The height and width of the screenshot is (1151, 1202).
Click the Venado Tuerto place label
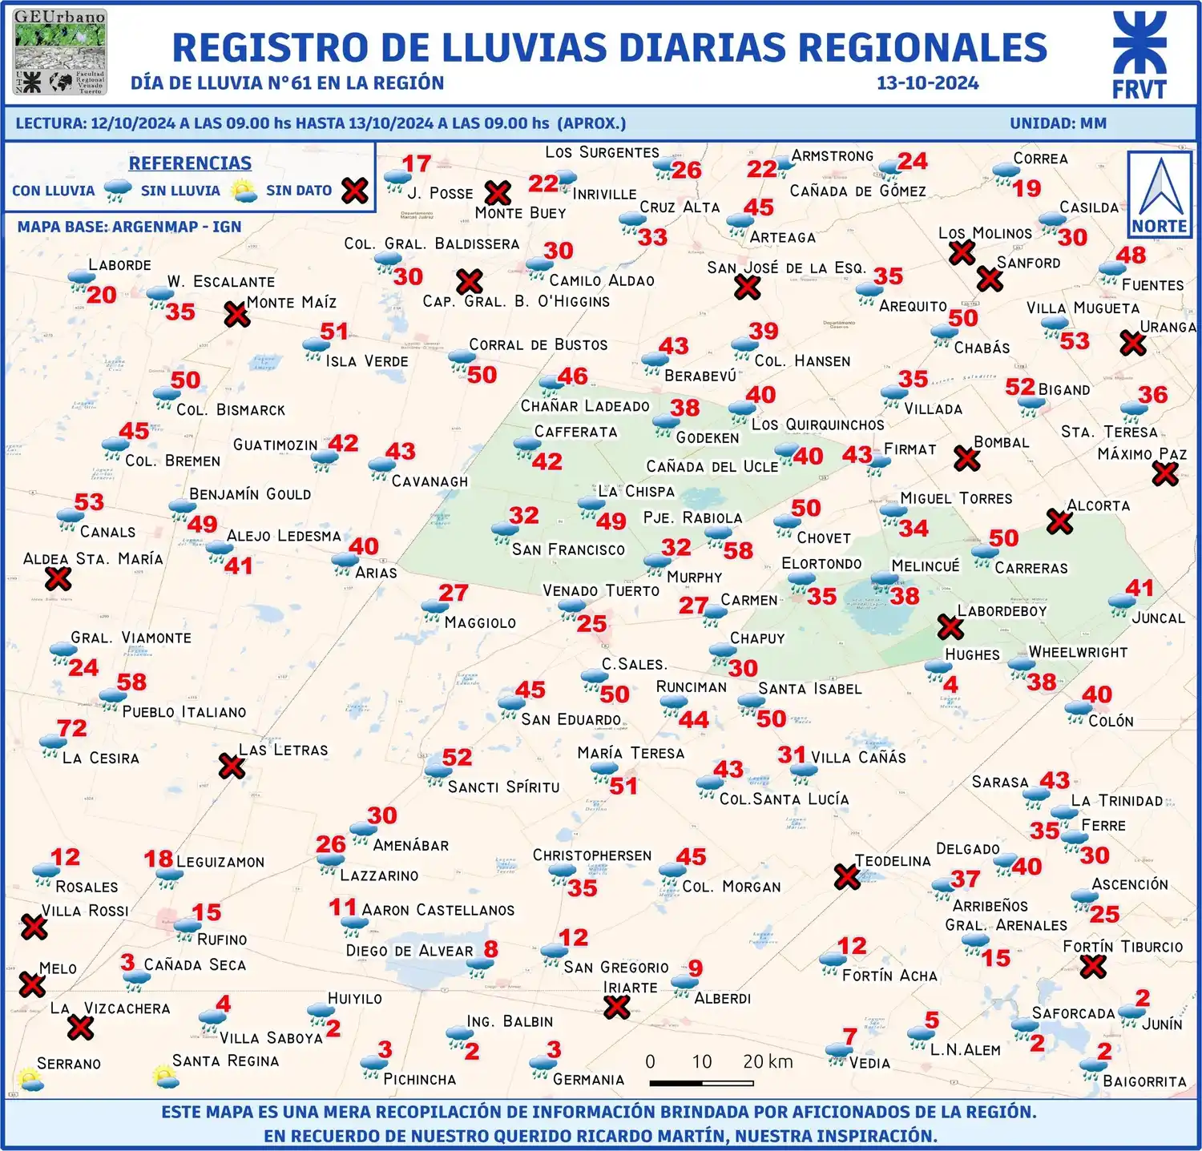601,591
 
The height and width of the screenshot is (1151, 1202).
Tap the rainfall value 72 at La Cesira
72,728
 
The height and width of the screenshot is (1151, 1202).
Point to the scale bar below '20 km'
701,1083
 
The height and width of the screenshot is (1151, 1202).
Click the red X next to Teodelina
847,876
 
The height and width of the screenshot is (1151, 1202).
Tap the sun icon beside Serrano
30,1080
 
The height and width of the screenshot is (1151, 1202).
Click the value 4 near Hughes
950,684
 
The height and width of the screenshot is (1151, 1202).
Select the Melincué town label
925,566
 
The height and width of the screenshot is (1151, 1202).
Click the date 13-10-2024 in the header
927,83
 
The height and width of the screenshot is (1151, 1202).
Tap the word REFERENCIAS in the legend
190,163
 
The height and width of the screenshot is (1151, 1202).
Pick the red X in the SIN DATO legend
355,191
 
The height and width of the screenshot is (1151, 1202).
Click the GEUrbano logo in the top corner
60,52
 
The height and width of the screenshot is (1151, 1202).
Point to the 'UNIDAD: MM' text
1058,123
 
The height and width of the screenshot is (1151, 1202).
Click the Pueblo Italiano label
184,712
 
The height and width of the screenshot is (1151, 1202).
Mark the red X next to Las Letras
232,767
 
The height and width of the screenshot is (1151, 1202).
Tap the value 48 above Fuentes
1131,255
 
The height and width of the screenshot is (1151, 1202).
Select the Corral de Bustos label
538,345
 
